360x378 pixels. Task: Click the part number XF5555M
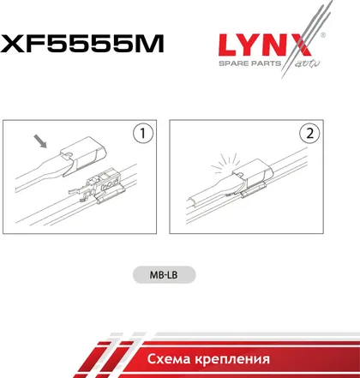81,43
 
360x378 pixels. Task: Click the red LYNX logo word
264,45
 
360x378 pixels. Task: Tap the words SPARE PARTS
250,63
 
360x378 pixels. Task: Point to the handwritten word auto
306,64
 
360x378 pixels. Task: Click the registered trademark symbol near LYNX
323,35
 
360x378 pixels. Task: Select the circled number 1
143,133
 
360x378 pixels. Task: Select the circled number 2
309,133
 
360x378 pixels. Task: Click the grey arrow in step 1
40,141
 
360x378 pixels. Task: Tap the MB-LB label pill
165,275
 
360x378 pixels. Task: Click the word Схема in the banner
169,359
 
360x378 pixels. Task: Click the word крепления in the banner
232,360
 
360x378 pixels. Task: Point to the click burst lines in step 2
225,163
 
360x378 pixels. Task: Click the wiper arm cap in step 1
83,156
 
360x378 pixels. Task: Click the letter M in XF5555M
150,43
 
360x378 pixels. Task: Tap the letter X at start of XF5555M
11,43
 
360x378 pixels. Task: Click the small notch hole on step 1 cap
68,154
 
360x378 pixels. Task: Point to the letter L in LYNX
230,45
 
